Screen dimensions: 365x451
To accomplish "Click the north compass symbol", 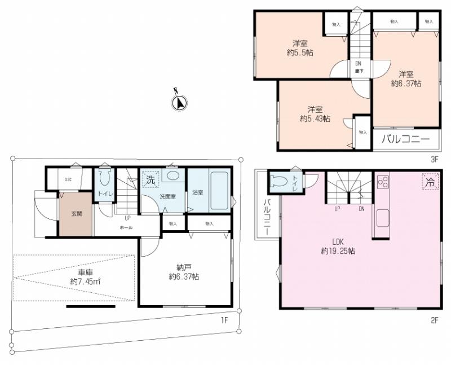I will click(179, 102).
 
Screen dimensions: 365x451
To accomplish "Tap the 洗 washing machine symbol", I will click(150, 181).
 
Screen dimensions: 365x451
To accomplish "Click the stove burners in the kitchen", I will click(382, 182).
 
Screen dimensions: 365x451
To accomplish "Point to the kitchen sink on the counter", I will click(382, 217).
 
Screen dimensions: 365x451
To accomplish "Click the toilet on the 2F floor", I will click(280, 181).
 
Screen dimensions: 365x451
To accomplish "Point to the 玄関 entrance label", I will click(76, 214).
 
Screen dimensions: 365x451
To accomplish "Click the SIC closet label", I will click(68, 179).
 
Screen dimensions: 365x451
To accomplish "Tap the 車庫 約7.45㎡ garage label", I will click(84, 276).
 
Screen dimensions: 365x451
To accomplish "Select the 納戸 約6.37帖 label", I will click(183, 272).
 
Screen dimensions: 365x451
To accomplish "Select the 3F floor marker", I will click(434, 159).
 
